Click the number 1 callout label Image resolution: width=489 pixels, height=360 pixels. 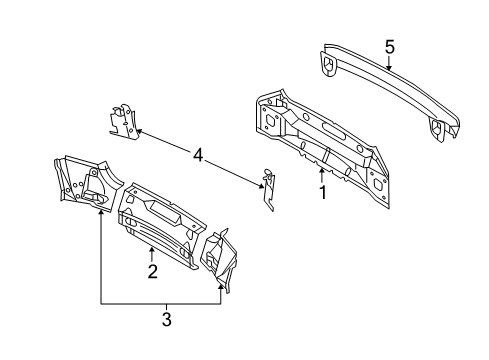point(322,193)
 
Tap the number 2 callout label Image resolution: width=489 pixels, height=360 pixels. point(152,271)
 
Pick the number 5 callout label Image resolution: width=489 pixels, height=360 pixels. point(390,46)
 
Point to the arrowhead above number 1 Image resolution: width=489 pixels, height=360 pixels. point(322,171)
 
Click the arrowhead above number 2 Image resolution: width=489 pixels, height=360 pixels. point(152,249)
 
